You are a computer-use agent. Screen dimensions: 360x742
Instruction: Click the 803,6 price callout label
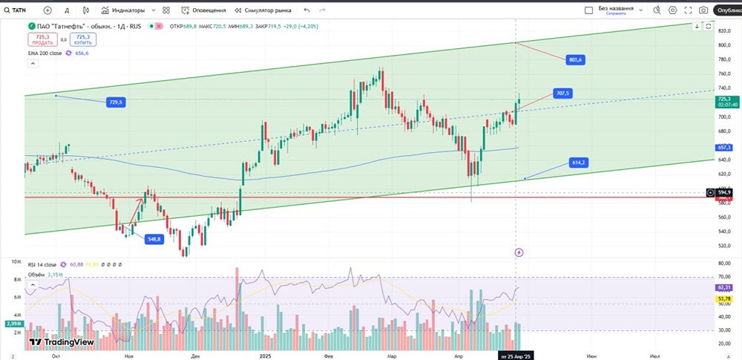pos(574,59)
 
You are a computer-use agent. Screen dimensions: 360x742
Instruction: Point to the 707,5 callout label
pos(562,94)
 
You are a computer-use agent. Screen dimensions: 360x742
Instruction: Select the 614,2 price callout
pos(579,162)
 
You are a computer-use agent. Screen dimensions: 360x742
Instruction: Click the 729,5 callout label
pos(115,102)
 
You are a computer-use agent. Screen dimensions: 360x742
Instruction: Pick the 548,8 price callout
pos(154,239)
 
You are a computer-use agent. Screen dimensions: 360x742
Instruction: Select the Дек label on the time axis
pos(195,356)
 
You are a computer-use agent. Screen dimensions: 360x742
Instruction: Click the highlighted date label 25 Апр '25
pos(516,356)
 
